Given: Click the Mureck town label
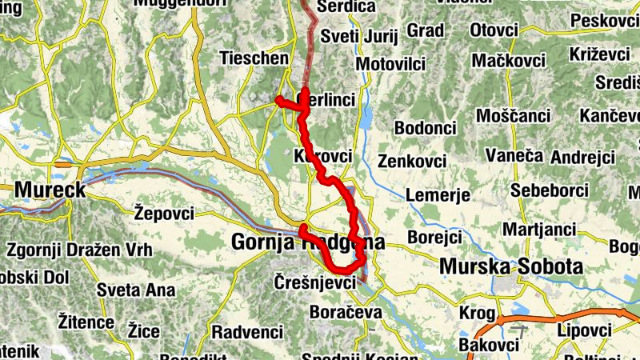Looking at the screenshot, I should pos(50,190).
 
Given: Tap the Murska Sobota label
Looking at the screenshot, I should pos(510,266).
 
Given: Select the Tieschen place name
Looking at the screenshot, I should pos(254,58).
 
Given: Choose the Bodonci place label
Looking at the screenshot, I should pos(425,128).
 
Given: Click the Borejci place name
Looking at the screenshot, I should pos(435,238).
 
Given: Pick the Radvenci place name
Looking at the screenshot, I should pos(247,331).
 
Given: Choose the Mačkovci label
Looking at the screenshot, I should pos(508,60).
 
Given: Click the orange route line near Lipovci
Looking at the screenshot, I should pos(560,313).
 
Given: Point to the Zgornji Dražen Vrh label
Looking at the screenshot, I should pos(74,250).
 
